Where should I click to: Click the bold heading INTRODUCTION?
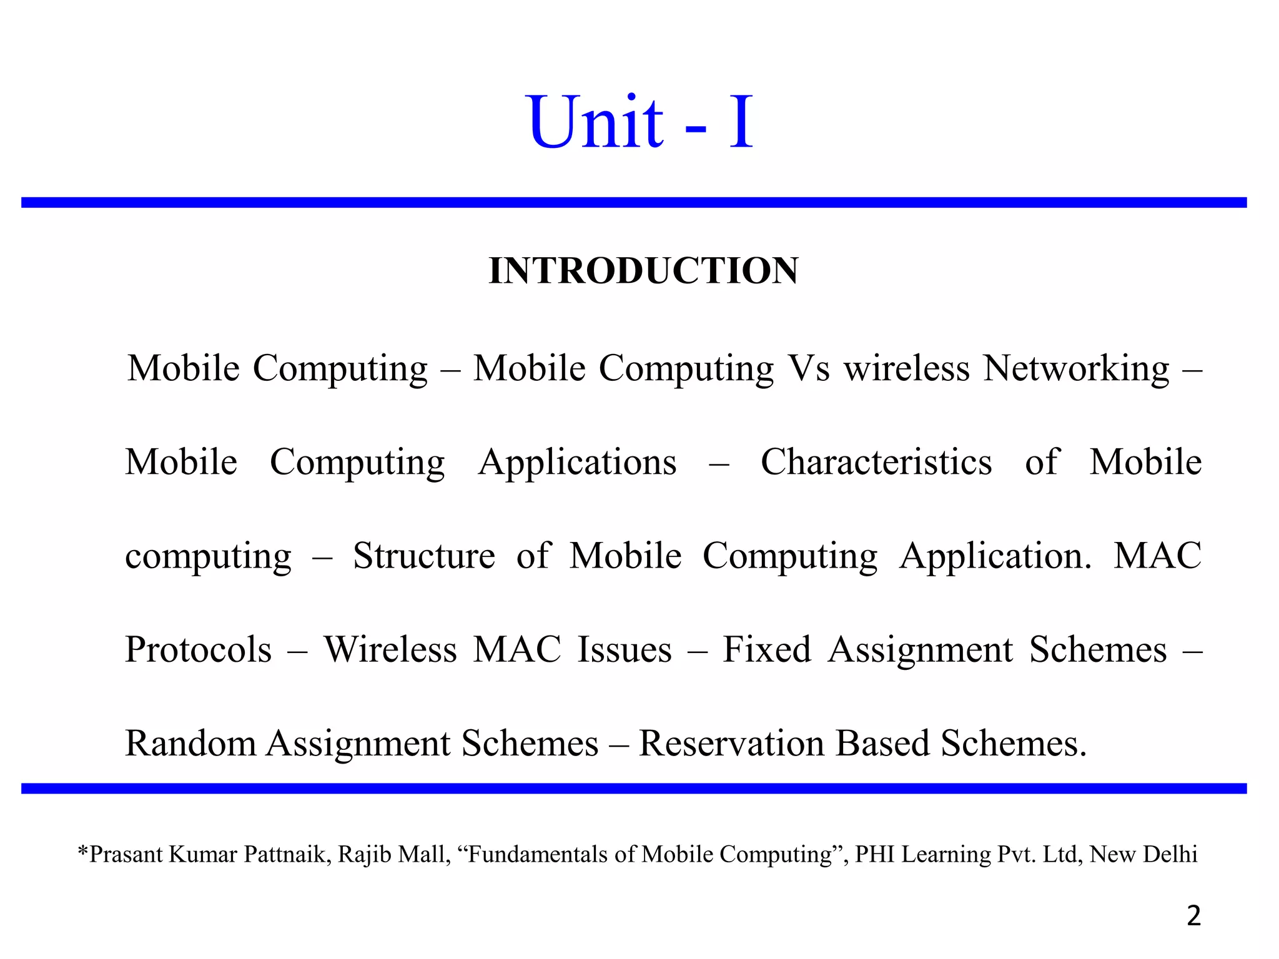(643, 271)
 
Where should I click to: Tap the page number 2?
(1193, 916)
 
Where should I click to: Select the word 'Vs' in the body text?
(809, 368)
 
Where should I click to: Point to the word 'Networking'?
(1075, 368)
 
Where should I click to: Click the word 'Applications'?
(577, 463)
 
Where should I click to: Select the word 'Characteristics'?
(876, 463)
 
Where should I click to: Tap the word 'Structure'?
(424, 556)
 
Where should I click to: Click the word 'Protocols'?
(198, 650)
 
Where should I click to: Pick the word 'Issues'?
(624, 650)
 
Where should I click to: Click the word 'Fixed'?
(766, 650)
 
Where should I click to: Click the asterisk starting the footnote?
(82, 852)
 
